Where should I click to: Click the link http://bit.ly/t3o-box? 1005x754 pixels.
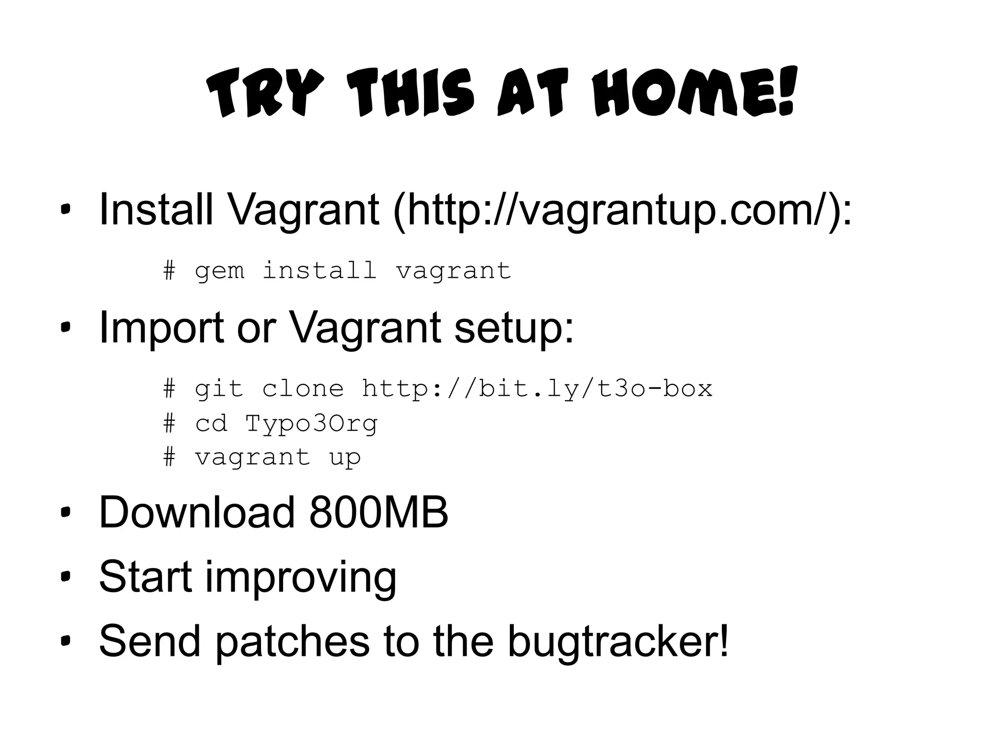pos(537,389)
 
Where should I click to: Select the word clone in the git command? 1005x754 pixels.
pos(303,389)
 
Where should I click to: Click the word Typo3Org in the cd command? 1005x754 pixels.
pos(311,424)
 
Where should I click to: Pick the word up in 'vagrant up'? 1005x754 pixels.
pos(345,458)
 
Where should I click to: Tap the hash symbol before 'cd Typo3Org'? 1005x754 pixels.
pos(169,423)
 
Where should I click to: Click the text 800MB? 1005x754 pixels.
pos(379,512)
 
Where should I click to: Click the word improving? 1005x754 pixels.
pos(300,577)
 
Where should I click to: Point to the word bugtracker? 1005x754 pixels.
pos(618,641)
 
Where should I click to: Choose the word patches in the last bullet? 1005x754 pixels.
pos(292,641)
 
